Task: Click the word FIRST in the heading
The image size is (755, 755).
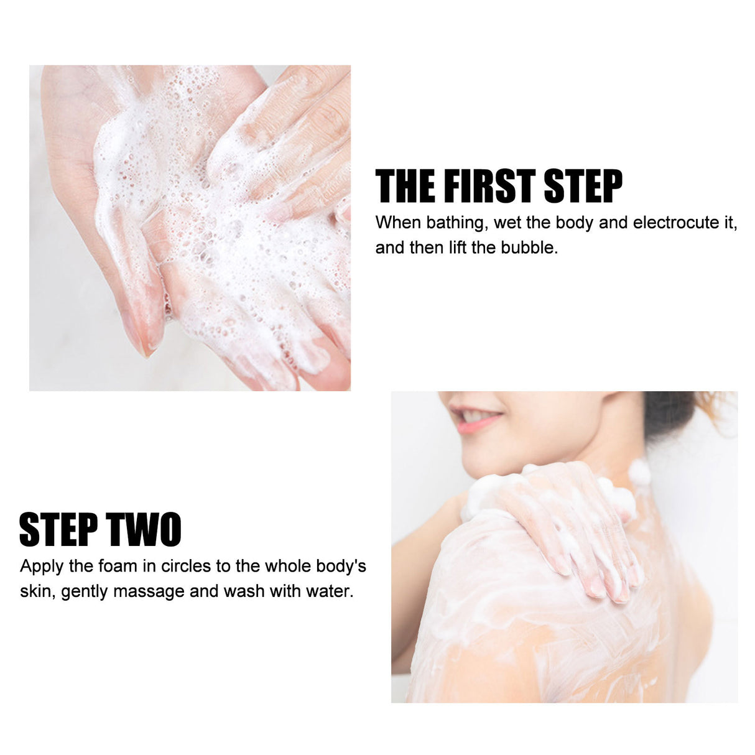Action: click(489, 187)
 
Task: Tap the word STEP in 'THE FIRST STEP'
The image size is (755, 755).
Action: click(583, 187)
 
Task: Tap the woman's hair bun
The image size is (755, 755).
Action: click(672, 410)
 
